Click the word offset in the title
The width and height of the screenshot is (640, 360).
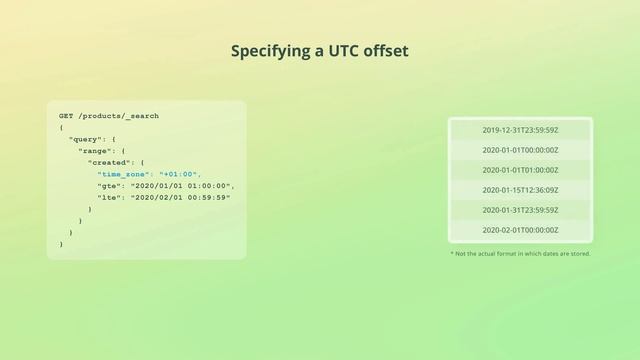tap(386, 50)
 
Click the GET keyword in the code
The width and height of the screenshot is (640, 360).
tap(66, 116)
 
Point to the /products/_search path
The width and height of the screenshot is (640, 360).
tap(118, 116)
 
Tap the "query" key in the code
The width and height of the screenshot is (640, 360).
tap(85, 139)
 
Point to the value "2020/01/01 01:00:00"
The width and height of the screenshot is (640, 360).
tap(182, 186)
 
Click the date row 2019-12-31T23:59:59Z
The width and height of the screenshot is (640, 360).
tap(520, 130)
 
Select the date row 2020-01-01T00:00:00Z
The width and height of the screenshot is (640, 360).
tap(520, 150)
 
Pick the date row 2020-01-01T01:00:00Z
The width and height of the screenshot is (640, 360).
tap(520, 170)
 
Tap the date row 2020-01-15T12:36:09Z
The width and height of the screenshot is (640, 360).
tap(520, 190)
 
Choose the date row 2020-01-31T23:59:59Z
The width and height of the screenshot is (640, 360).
tap(520, 210)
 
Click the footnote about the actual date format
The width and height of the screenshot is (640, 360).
tap(520, 254)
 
